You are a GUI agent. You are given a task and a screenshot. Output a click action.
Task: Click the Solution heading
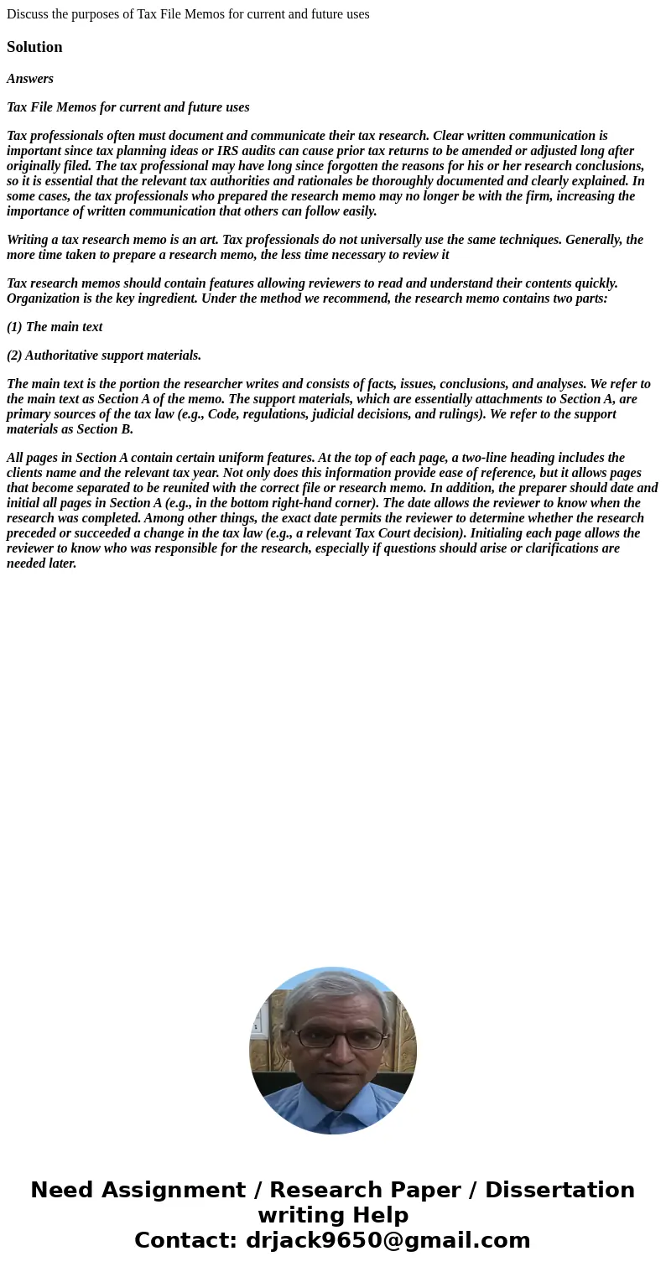[x=34, y=47]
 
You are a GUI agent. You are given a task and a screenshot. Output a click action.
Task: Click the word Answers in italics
[x=30, y=79]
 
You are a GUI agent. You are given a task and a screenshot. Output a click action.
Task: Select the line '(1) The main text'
[x=55, y=327]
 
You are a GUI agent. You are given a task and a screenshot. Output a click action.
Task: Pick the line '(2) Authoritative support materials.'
[x=104, y=356]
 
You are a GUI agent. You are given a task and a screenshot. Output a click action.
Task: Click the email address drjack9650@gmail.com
[x=388, y=1240]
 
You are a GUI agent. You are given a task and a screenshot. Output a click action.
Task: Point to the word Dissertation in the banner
[x=559, y=1190]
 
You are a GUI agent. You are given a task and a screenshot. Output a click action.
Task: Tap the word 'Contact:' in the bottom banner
[x=185, y=1240]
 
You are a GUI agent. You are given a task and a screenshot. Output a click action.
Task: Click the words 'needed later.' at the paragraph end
[x=41, y=563]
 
